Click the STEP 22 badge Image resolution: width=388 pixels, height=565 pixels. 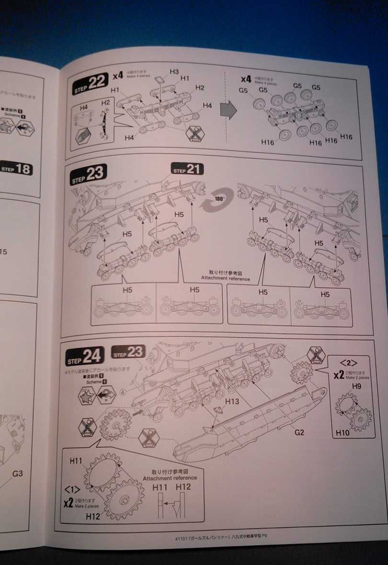click(90, 83)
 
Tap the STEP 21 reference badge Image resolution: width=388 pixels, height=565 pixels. click(187, 169)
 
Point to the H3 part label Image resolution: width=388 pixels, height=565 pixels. click(174, 71)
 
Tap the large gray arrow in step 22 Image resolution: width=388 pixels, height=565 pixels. click(228, 110)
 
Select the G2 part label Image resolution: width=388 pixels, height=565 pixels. click(299, 432)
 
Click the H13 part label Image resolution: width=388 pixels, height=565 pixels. click(232, 401)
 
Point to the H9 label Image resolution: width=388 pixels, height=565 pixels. click(356, 385)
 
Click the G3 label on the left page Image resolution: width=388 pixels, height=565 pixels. click(17, 473)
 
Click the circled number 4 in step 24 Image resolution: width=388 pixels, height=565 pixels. click(123, 392)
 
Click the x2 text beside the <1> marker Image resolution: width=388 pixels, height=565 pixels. click(68, 503)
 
